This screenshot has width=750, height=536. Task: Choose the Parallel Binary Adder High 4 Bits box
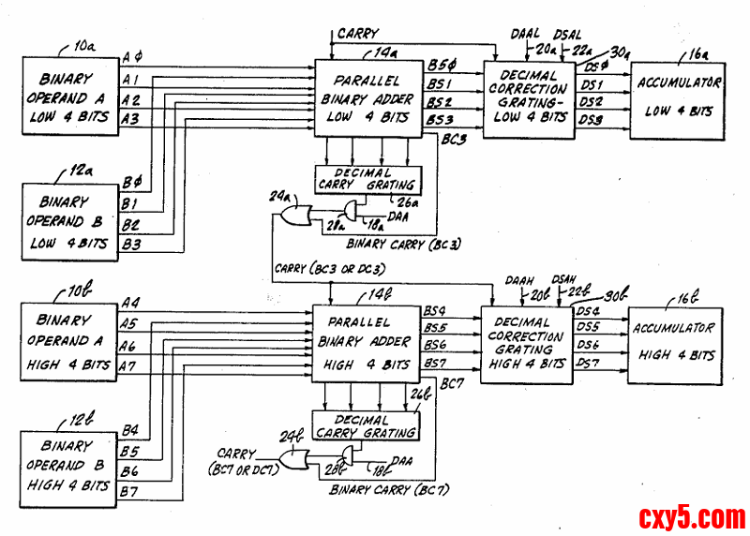click(367, 341)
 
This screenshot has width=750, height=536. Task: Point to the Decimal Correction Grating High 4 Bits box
click(526, 344)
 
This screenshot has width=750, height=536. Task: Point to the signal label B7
click(129, 492)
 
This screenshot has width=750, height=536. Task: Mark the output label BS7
click(436, 363)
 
